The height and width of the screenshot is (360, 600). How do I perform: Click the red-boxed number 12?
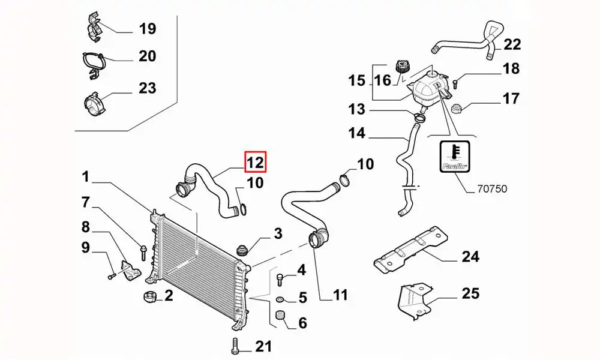(x=254, y=161)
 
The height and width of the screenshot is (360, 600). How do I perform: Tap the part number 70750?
(x=491, y=188)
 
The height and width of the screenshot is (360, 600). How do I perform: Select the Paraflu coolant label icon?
(x=455, y=157)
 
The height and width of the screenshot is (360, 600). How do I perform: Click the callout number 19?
(x=147, y=28)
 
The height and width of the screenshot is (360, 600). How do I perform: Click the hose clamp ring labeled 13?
(x=419, y=115)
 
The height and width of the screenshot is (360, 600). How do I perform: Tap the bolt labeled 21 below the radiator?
(x=234, y=346)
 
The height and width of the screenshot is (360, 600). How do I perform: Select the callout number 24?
(x=470, y=257)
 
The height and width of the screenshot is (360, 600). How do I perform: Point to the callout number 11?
(x=340, y=295)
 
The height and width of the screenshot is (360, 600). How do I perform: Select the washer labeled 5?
(x=280, y=298)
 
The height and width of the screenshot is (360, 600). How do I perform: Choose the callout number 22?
(x=512, y=44)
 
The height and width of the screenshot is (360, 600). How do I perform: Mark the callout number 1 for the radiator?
(x=86, y=177)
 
